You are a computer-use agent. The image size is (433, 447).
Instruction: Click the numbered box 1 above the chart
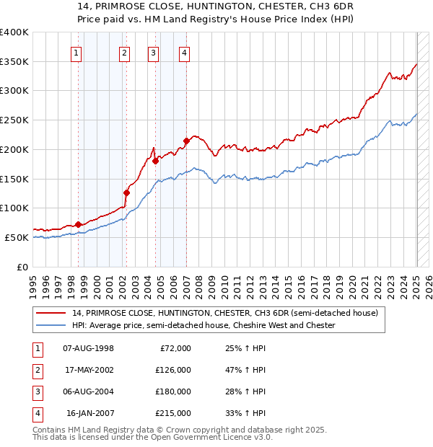pos(76,52)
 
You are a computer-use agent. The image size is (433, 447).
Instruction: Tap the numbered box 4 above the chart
pos(185,52)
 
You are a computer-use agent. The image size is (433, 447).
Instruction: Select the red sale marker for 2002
pos(126,192)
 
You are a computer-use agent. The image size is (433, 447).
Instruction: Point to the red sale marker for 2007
pos(186,141)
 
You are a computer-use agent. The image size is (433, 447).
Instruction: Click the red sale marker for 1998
pos(78,224)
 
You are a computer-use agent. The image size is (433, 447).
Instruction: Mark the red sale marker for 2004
pos(155,151)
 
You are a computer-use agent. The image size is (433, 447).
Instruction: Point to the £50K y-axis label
pos(17,237)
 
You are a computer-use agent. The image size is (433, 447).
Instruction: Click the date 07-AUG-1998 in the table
pos(88,348)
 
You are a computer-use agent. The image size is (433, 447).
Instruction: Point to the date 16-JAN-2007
pos(89,413)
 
